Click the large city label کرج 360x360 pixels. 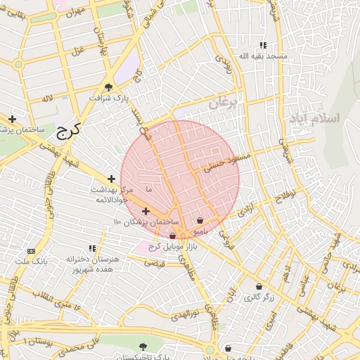tap(67, 131)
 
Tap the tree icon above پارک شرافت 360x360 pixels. tap(108, 87)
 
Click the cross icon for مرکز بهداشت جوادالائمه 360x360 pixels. tap(111, 179)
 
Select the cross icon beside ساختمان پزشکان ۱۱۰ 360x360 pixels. tap(146, 211)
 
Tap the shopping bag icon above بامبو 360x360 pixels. tap(200, 221)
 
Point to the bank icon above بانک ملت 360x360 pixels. tap(31, 251)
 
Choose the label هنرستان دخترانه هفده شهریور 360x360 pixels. tap(93, 263)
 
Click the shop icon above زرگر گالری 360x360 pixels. tap(259, 287)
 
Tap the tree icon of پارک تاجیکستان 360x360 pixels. tap(144, 346)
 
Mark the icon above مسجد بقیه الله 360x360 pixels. tap(263, 44)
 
